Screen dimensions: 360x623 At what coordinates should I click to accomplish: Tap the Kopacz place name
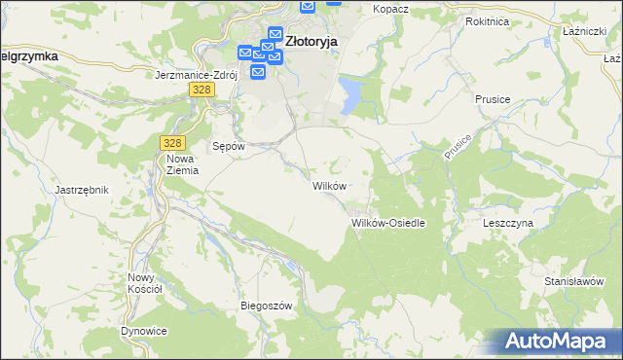coord(390,8)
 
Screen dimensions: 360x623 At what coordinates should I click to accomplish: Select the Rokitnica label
coord(488,20)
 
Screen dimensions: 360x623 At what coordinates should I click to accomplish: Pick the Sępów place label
coord(227,146)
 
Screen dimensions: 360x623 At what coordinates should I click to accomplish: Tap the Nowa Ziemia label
coord(182,164)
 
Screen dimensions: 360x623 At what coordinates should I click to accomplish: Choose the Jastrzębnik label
coord(81,190)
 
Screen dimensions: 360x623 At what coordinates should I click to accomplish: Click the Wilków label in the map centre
coord(328,185)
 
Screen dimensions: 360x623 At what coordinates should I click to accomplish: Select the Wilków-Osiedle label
coord(388,223)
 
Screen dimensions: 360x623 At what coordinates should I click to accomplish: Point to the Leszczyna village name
coord(508,223)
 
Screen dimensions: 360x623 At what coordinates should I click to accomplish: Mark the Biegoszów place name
coord(267,306)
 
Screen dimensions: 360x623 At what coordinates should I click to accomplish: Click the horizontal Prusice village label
coord(493,99)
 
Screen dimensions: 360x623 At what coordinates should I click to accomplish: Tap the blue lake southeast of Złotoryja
coord(348,94)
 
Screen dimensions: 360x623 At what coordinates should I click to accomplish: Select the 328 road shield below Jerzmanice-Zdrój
coord(201,90)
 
